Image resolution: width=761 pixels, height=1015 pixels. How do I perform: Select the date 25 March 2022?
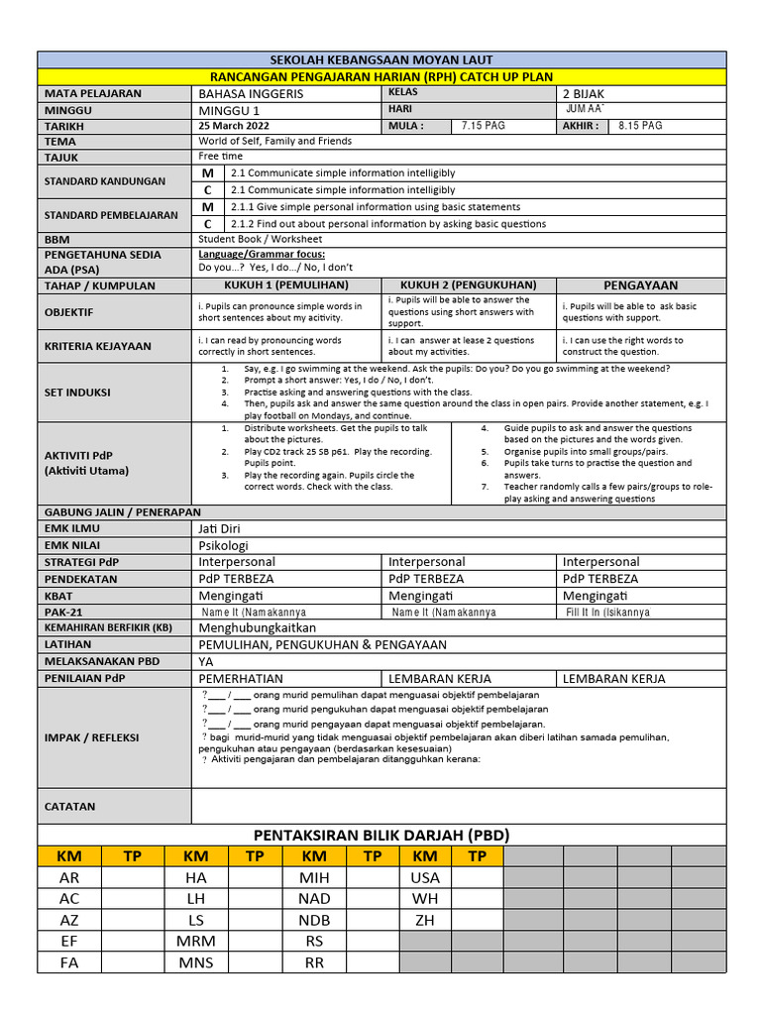[x=232, y=127]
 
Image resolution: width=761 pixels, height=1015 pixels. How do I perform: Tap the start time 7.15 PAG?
[x=484, y=127]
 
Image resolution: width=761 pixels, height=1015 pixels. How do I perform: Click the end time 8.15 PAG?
[x=640, y=127]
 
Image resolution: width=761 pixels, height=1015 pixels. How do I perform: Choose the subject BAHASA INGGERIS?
[x=252, y=93]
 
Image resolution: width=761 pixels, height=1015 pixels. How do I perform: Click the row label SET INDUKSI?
[x=77, y=392]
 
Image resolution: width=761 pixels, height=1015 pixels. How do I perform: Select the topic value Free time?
[x=220, y=157]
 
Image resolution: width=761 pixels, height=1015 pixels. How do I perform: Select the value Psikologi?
[x=224, y=545]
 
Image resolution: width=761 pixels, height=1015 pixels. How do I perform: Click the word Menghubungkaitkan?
[x=257, y=628]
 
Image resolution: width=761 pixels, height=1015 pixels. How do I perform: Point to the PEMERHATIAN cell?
[x=241, y=679]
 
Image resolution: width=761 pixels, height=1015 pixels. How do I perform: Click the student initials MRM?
[x=196, y=941]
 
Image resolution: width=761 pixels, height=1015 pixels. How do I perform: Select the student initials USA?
[x=424, y=878]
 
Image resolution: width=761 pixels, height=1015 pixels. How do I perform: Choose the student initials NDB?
[x=314, y=920]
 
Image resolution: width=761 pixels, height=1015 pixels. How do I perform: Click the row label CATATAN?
[x=70, y=807]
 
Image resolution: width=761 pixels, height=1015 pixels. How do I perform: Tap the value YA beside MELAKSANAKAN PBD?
[x=206, y=662]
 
